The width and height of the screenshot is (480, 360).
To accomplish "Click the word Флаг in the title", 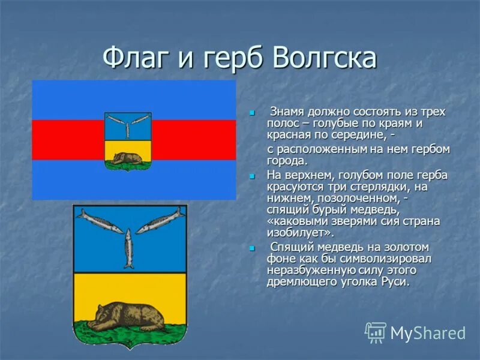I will click(x=136, y=59).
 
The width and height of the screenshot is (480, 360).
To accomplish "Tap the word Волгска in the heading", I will click(x=325, y=59).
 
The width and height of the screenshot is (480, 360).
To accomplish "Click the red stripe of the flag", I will click(x=66, y=140).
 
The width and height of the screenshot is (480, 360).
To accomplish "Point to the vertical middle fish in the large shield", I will click(x=129, y=248).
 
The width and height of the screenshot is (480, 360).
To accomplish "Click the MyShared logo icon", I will click(x=376, y=332).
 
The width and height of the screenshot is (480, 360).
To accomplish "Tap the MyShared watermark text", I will click(x=428, y=333).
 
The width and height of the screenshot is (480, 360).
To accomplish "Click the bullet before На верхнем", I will click(x=253, y=176).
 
